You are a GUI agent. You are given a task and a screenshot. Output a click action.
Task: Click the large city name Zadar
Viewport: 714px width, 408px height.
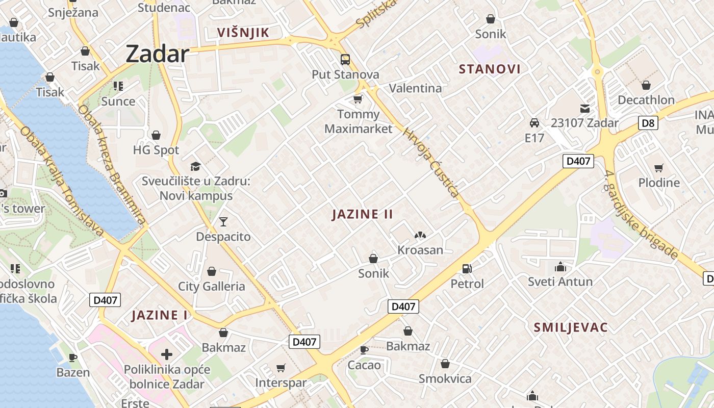pyautogui.click(x=157, y=54)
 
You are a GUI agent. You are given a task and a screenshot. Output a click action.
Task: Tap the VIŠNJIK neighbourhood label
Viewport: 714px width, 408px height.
pyautogui.click(x=243, y=33)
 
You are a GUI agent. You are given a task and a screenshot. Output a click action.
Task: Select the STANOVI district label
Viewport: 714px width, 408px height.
pyautogui.click(x=490, y=69)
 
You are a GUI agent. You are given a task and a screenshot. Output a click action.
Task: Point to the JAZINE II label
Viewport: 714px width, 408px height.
pyautogui.click(x=363, y=214)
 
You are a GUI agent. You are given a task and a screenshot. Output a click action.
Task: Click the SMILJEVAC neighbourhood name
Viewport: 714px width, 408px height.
pyautogui.click(x=571, y=327)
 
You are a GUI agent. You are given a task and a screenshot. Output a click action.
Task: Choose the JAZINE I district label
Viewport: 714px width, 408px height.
pyautogui.click(x=160, y=315)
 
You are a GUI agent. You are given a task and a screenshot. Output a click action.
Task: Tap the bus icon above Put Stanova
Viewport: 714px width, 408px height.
pyautogui.click(x=345, y=60)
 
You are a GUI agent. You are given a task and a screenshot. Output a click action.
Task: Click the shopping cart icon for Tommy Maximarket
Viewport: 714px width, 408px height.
pyautogui.click(x=358, y=99)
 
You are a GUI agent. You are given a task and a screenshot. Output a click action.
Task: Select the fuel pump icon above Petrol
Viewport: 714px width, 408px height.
pyautogui.click(x=467, y=268)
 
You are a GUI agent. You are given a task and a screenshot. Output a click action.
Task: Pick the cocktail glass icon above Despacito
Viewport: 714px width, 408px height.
pyautogui.click(x=223, y=222)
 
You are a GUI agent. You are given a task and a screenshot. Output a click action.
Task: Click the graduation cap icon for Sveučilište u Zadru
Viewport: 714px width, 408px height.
pyautogui.click(x=195, y=166)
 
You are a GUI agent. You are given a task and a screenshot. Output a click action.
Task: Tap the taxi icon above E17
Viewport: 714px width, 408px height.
pyautogui.click(x=534, y=123)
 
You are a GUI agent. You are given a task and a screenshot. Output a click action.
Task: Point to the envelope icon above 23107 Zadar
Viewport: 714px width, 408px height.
pyautogui.click(x=584, y=108)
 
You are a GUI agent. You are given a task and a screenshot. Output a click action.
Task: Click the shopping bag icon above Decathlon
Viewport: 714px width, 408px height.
pyautogui.click(x=646, y=85)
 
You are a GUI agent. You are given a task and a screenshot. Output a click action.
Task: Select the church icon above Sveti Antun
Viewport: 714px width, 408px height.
pyautogui.click(x=560, y=267)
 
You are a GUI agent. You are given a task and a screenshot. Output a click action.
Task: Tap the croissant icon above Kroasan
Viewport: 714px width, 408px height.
pyautogui.click(x=420, y=235)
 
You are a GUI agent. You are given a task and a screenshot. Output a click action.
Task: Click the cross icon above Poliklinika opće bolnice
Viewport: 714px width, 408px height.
pyautogui.click(x=167, y=354)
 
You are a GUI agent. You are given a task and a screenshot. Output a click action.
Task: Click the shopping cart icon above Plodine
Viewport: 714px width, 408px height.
pyautogui.click(x=659, y=168)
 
